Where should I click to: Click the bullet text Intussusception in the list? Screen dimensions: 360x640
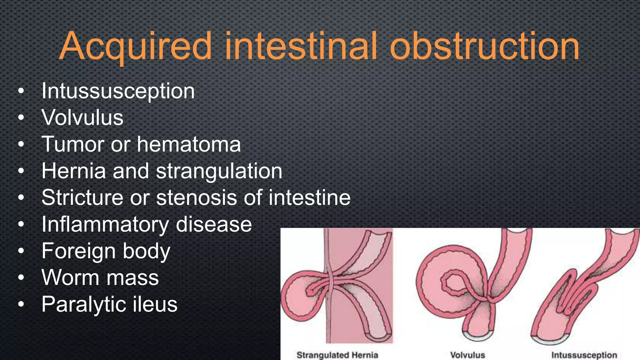click(118, 91)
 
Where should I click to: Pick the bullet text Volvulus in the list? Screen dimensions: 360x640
click(82, 118)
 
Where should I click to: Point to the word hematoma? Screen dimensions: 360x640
click(189, 144)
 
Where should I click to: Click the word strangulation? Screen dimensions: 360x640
click(219, 171)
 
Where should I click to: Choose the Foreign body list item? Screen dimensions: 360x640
click(106, 251)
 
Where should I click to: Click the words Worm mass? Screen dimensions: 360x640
click(100, 277)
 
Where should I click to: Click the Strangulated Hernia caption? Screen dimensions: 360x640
click(337, 355)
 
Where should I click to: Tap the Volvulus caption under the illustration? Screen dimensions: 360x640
click(467, 355)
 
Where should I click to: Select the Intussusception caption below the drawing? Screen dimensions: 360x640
click(584, 355)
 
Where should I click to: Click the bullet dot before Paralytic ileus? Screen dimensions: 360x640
click(21, 304)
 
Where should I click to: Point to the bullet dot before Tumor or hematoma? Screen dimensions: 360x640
click(21, 144)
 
